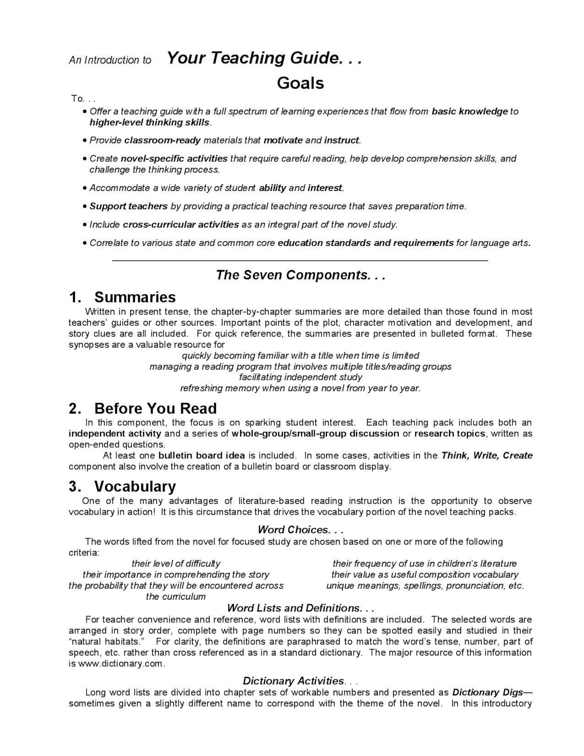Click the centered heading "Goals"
tap(300, 83)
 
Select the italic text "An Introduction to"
tap(110, 60)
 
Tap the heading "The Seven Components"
tap(300, 275)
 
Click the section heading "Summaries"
tap(135, 297)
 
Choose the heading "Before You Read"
tap(155, 408)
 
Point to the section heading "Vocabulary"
tap(135, 486)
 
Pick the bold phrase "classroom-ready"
tap(162, 140)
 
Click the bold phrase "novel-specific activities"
tap(174, 159)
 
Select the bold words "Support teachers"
tap(128, 206)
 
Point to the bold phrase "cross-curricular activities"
tap(181, 224)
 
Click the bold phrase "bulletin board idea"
tap(202, 455)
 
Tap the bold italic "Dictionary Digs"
tap(487, 692)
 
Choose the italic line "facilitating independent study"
tap(300, 377)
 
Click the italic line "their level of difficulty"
tap(176, 564)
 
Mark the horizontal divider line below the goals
tap(300, 260)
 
